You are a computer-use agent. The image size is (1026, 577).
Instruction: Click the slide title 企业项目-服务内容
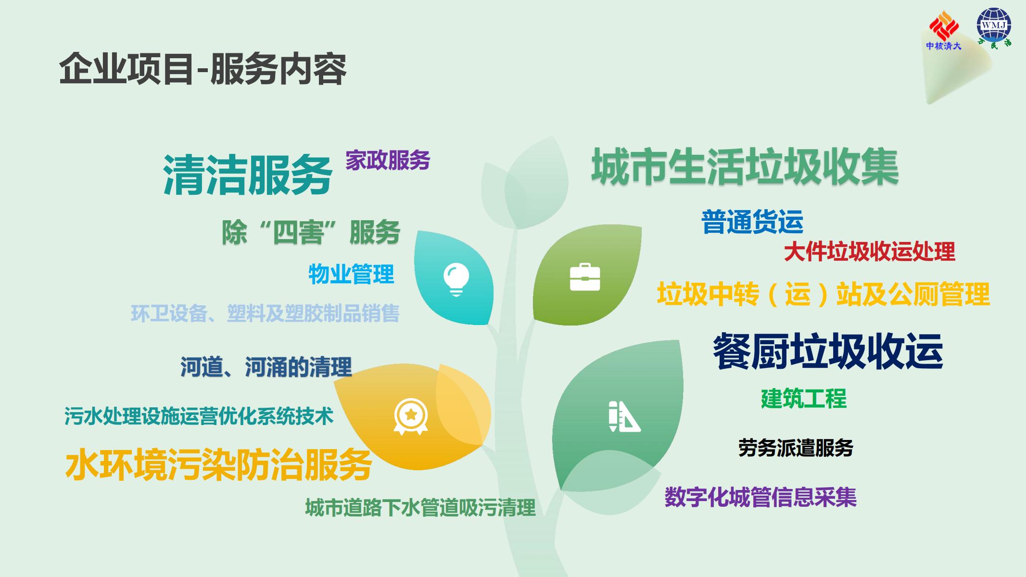(203, 69)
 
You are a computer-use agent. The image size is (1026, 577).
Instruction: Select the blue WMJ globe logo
(994, 27)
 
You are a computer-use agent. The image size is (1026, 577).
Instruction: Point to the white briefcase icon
(585, 277)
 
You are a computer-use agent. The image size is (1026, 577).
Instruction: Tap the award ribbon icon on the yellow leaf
(411, 416)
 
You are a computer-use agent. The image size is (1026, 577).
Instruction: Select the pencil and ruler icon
(624, 416)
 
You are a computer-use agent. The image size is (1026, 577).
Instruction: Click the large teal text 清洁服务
(248, 175)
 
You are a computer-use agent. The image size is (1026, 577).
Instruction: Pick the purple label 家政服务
(388, 160)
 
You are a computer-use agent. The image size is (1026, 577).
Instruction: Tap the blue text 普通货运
(752, 222)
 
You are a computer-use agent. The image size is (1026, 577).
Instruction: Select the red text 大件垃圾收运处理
(869, 252)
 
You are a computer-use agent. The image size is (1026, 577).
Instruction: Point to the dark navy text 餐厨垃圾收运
(828, 351)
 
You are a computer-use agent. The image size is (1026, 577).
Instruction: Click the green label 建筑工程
(804, 399)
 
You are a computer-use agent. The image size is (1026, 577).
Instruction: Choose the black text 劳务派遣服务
(796, 448)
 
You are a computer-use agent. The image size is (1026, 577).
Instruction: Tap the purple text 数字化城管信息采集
(760, 497)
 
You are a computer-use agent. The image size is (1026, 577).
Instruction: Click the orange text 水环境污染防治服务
(219, 465)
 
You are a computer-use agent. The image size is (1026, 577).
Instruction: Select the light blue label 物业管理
(351, 274)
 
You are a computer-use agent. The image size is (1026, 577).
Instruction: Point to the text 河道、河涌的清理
(266, 367)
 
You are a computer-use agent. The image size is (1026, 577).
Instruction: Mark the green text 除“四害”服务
(311, 233)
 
